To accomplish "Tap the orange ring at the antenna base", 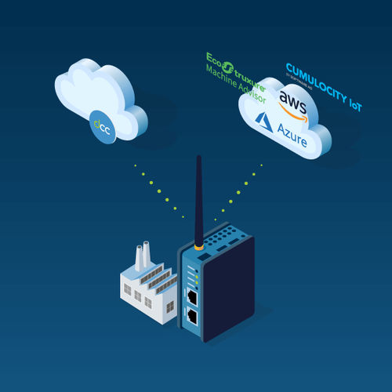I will click(200, 247).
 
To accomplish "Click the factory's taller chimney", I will click(147, 256).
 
